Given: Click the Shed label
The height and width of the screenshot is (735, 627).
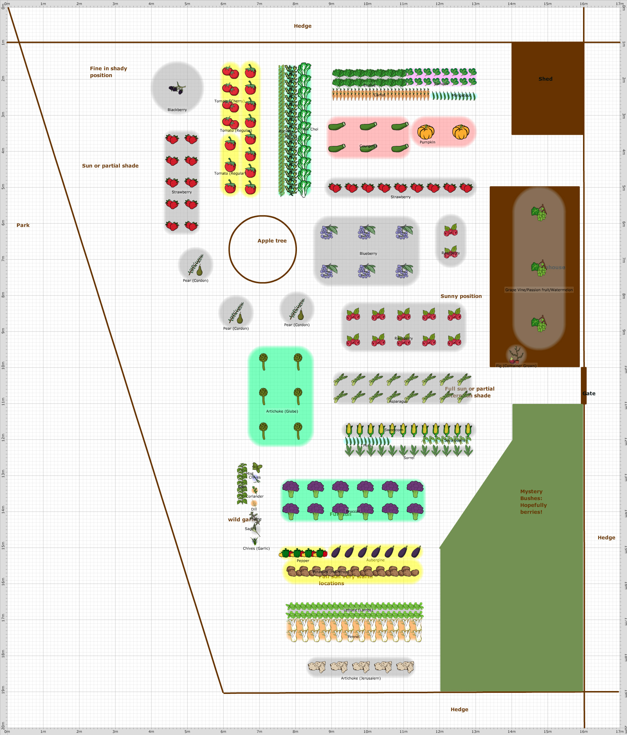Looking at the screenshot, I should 545,79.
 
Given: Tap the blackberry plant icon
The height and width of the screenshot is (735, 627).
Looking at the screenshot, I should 177,88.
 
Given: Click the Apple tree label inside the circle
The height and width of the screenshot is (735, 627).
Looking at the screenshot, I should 272,241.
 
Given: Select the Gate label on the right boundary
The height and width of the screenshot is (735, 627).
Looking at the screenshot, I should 589,393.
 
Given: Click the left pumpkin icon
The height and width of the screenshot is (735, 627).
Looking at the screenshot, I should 426,132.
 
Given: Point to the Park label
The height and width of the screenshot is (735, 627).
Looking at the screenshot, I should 23,225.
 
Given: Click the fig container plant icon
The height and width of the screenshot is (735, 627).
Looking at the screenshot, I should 516,355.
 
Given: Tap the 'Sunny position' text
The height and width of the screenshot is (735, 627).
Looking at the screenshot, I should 461,296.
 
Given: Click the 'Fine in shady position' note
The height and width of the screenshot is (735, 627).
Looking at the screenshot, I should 108,72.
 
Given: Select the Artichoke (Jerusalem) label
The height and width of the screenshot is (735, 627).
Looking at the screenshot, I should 361,678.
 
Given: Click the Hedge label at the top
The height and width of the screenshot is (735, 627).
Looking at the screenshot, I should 303,26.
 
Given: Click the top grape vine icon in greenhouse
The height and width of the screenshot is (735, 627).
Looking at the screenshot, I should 539,213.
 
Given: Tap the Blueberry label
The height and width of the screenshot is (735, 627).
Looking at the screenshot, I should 368,254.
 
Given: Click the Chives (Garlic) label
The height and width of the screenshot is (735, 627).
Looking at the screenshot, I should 256,548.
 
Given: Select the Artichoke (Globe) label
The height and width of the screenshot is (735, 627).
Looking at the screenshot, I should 282,411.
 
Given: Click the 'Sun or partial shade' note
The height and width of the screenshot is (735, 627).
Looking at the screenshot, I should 110,166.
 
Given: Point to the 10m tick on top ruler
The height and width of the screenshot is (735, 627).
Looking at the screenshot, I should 367,4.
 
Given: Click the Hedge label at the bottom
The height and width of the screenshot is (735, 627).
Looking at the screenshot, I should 459,709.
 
